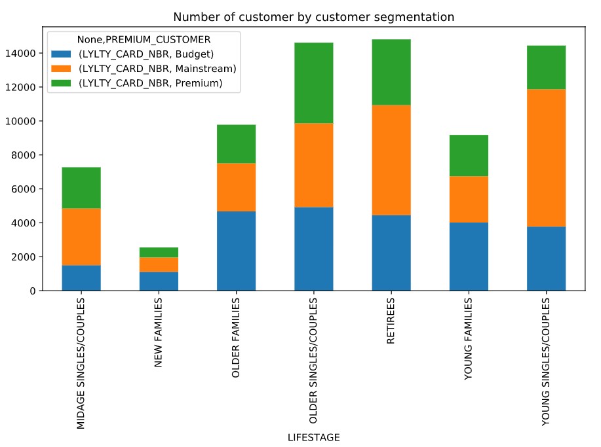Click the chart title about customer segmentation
(313, 16)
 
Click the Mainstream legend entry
(157, 68)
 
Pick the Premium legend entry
(150, 83)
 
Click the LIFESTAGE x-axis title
(313, 437)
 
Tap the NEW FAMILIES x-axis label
(158, 332)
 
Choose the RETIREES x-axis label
(391, 323)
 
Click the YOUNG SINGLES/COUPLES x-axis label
(546, 362)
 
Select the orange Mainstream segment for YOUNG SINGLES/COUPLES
(546, 157)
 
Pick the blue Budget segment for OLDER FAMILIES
(236, 251)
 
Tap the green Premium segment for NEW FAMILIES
(158, 253)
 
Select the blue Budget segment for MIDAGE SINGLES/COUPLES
(81, 277)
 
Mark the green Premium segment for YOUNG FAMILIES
(469, 155)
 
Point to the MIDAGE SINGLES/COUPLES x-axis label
(81, 363)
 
